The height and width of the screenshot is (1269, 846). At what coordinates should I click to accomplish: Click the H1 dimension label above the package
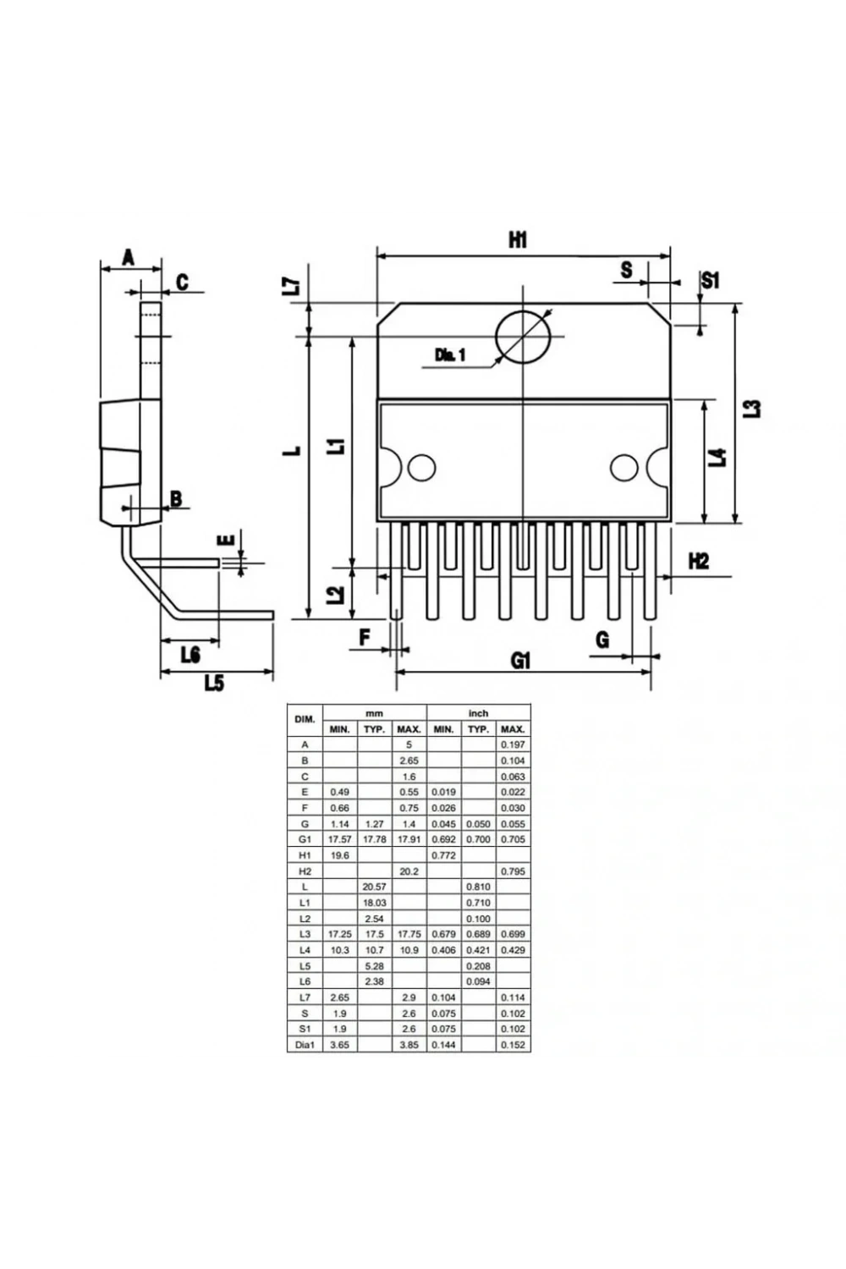pyautogui.click(x=518, y=240)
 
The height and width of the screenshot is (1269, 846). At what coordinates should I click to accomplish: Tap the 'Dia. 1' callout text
pyautogui.click(x=450, y=355)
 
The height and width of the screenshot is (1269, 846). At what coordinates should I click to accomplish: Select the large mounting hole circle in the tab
pyautogui.click(x=523, y=337)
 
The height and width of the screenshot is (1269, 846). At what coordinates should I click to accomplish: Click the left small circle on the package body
pyautogui.click(x=421, y=468)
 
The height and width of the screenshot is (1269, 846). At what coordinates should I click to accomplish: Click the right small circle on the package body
pyautogui.click(x=624, y=468)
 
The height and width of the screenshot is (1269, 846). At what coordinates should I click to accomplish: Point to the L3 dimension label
pyautogui.click(x=751, y=409)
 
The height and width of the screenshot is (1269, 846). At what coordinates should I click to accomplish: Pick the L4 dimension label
pyautogui.click(x=718, y=457)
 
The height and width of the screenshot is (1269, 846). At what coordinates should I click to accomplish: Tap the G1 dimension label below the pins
pyautogui.click(x=520, y=661)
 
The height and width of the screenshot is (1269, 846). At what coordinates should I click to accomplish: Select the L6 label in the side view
pyautogui.click(x=190, y=655)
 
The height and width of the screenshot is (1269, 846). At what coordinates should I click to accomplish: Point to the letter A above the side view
pyautogui.click(x=129, y=258)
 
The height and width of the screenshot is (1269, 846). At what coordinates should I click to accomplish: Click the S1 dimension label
pyautogui.click(x=711, y=280)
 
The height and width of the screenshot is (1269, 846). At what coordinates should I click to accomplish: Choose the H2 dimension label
pyautogui.click(x=699, y=562)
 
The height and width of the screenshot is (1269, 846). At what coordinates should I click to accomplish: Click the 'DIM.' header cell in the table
pyautogui.click(x=305, y=719)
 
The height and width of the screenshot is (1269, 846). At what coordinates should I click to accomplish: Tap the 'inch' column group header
pyautogui.click(x=478, y=712)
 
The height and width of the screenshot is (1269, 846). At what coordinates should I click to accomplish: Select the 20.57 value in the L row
pyautogui.click(x=374, y=887)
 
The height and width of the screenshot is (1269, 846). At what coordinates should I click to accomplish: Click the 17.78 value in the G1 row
pyautogui.click(x=374, y=839)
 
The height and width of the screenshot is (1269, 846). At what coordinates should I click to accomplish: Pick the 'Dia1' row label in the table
pyautogui.click(x=305, y=1045)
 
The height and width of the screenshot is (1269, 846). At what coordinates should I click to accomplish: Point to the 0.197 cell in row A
pyautogui.click(x=513, y=744)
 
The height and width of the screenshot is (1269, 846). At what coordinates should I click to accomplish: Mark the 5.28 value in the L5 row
pyautogui.click(x=374, y=966)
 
